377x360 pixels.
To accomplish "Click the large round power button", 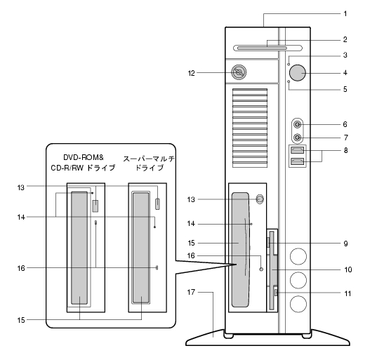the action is click(x=298, y=73).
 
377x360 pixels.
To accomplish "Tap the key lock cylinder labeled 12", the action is click(x=239, y=72).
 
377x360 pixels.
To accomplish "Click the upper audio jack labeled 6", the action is click(x=298, y=124).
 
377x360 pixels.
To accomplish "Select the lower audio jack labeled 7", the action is click(x=298, y=138).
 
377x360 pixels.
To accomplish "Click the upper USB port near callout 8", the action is click(x=298, y=150).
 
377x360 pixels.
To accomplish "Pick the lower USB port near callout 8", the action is click(x=298, y=161).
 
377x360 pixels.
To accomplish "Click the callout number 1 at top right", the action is click(x=345, y=14).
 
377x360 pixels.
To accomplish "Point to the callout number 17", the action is click(x=191, y=292).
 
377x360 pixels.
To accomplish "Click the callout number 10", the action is click(x=348, y=269).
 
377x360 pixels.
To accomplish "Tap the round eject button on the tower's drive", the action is click(x=260, y=199).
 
